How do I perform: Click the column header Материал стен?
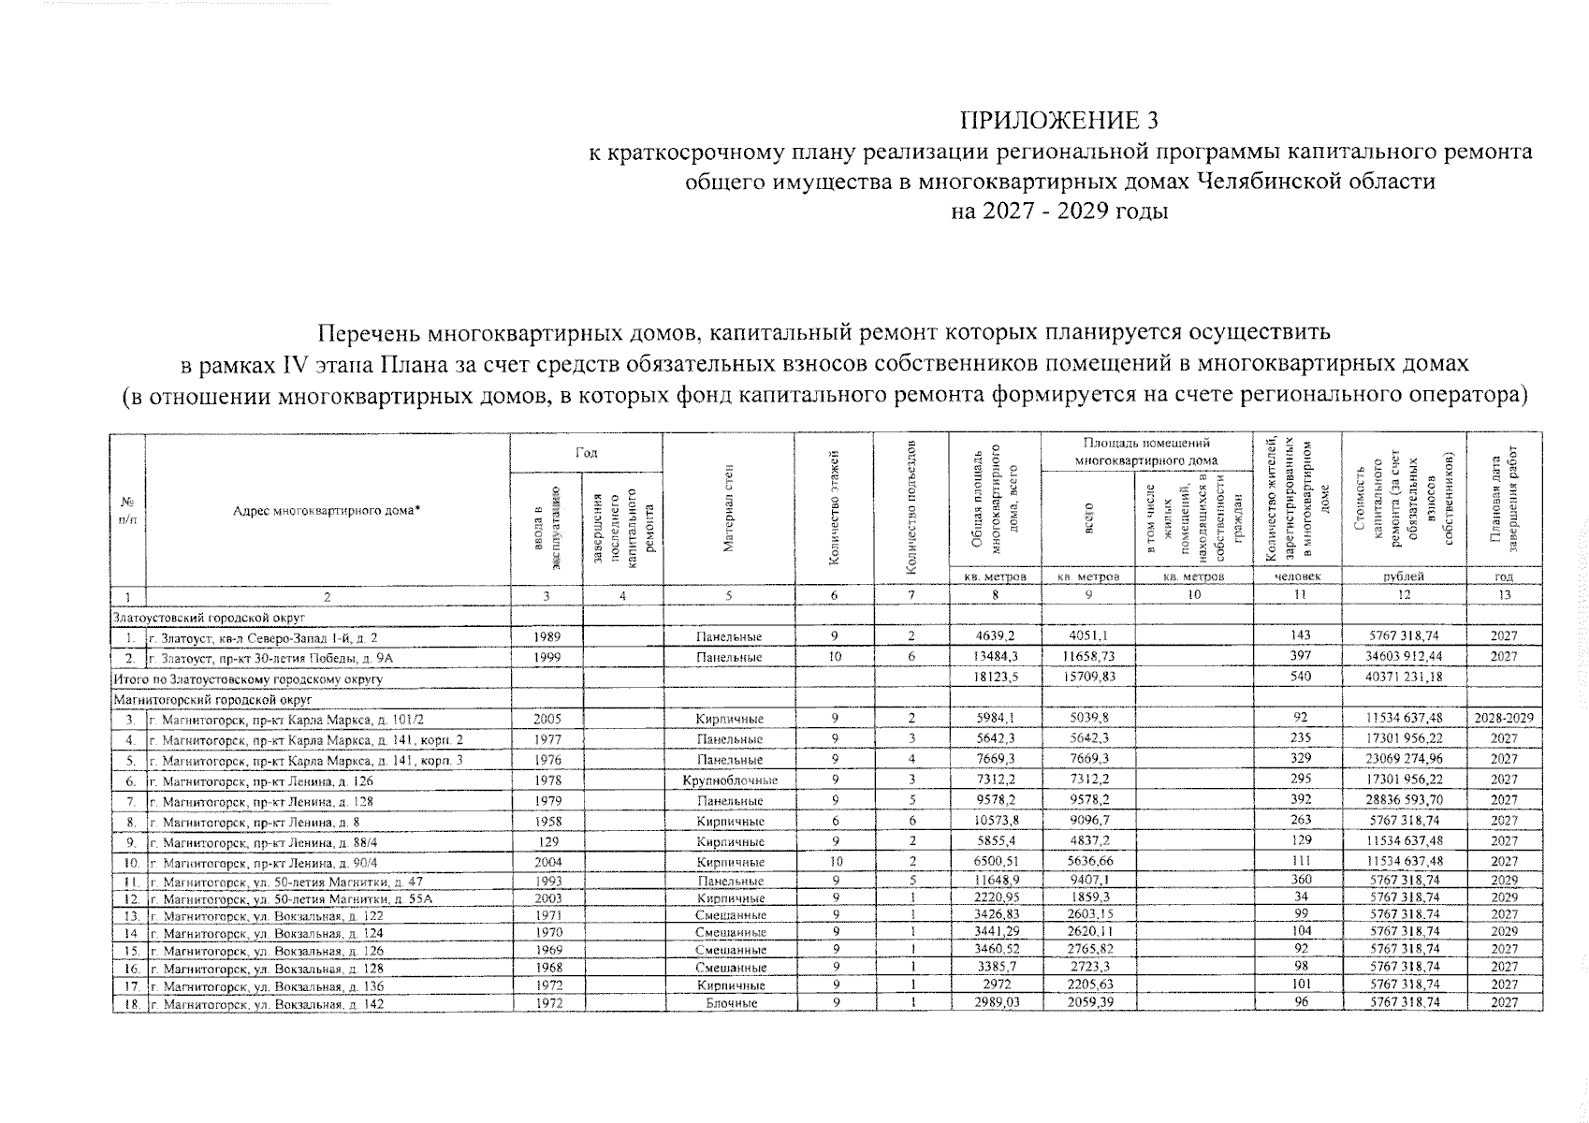(729, 509)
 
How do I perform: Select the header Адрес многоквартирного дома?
(327, 509)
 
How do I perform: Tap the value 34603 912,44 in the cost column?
(1403, 657)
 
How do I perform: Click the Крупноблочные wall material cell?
(729, 780)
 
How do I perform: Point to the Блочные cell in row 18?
(729, 1003)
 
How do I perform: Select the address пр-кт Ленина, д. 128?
(267, 801)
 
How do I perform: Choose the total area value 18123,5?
(995, 678)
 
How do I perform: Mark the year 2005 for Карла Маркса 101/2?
(546, 719)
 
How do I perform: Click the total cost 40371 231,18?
(1403, 678)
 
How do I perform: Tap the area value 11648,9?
(995, 881)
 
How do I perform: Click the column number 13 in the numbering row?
(1503, 595)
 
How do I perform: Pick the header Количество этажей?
(834, 509)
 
